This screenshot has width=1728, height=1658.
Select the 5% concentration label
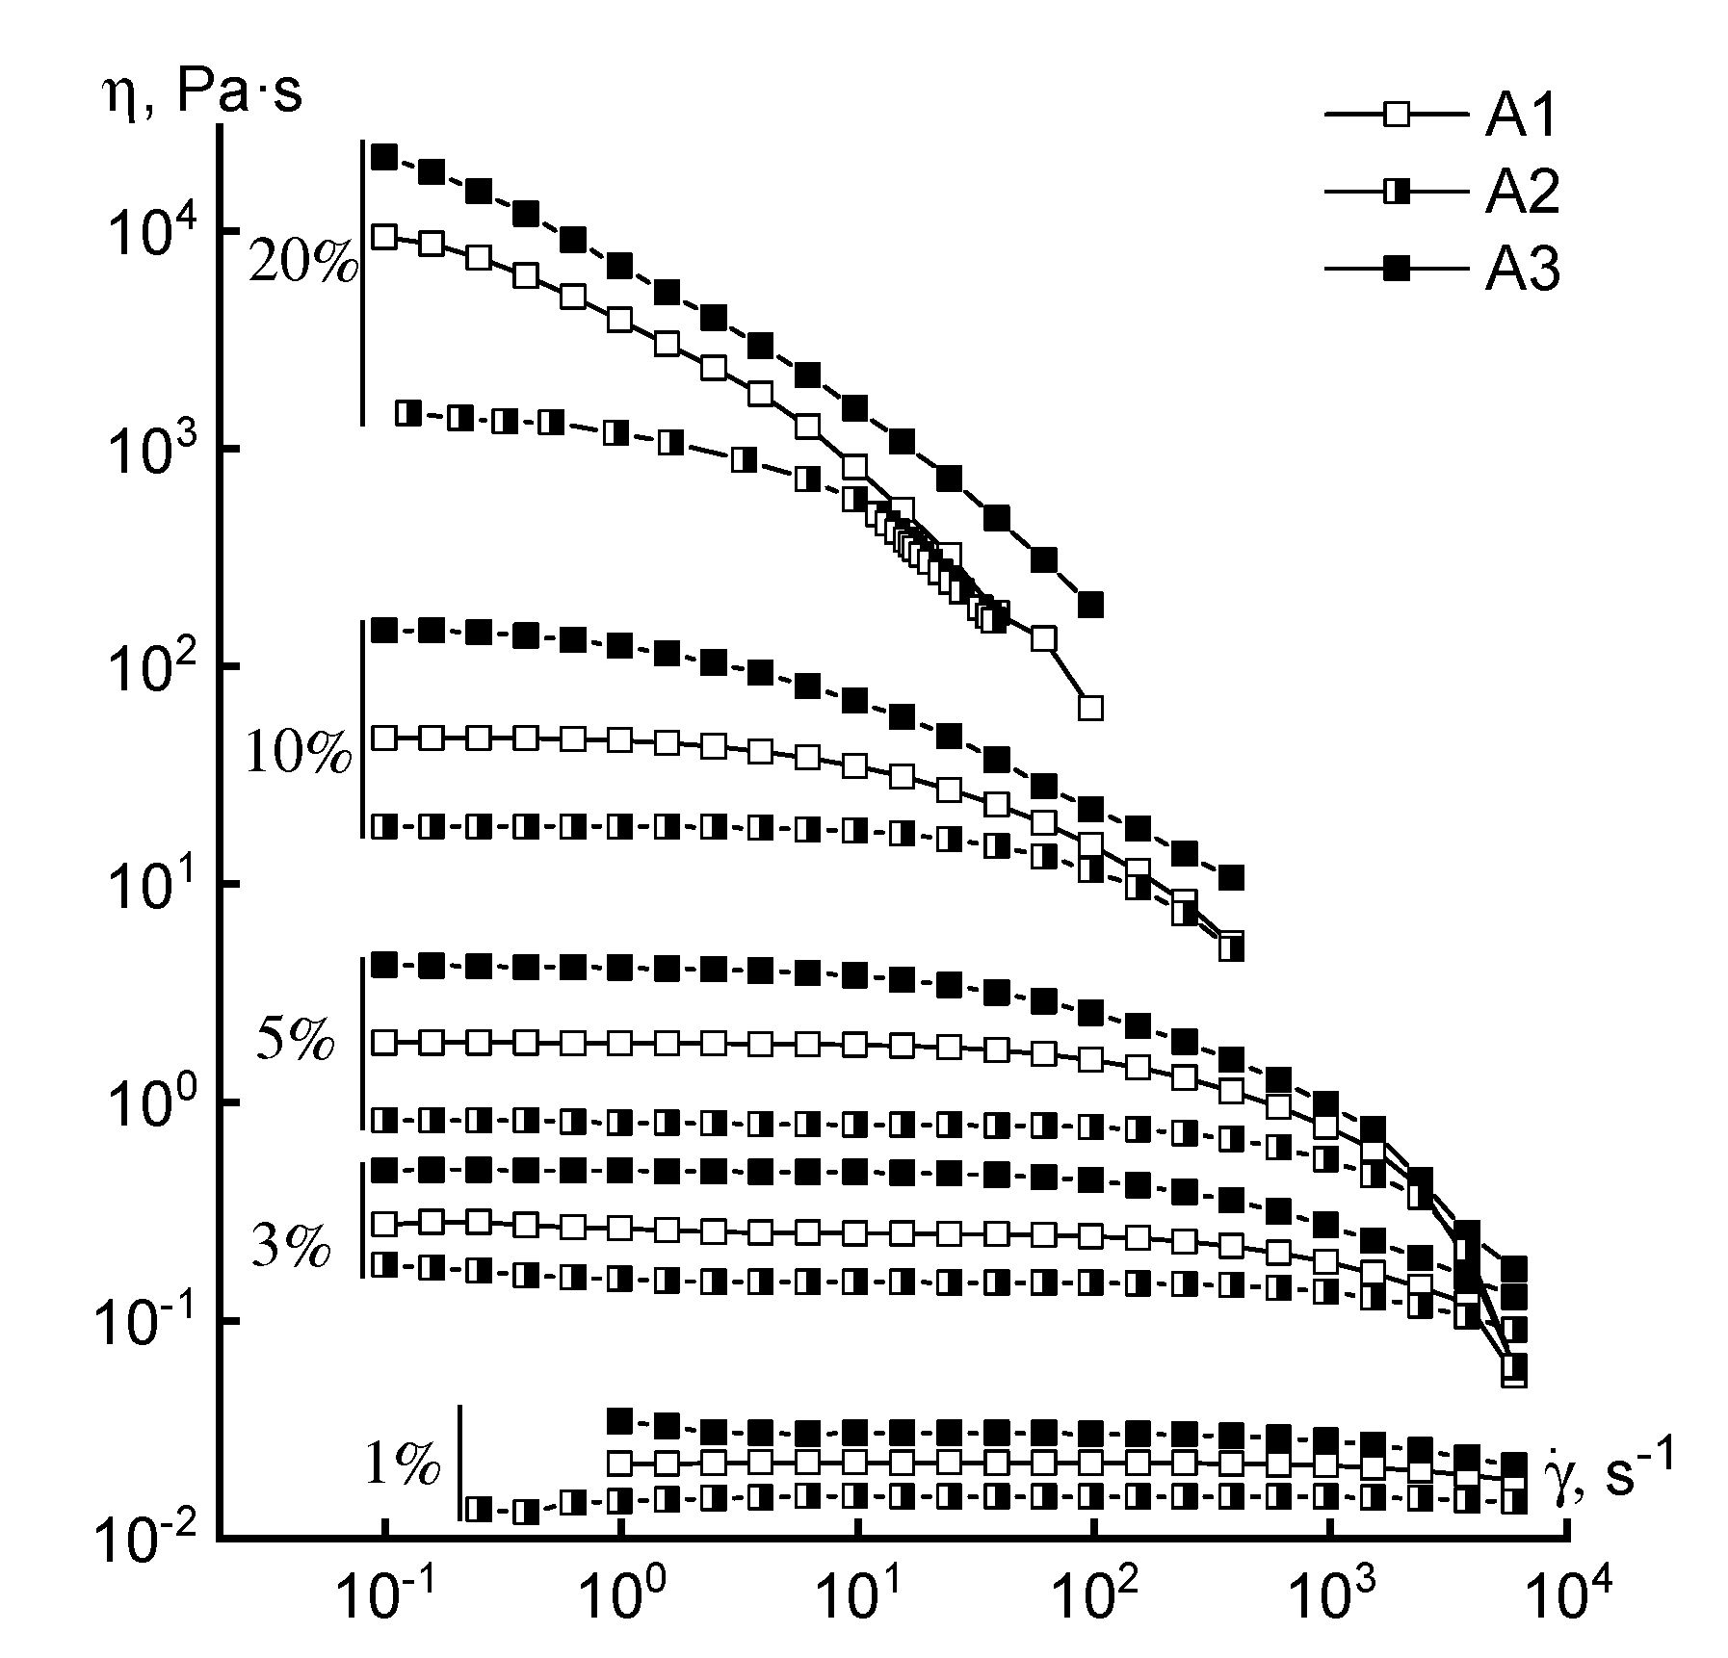[x=295, y=1041]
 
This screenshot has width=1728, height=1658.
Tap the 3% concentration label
[x=291, y=1248]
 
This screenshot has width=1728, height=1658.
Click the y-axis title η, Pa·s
[x=202, y=95]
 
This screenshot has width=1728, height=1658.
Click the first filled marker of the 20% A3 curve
[x=385, y=157]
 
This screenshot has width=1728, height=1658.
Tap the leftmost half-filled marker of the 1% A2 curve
[x=479, y=1508]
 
